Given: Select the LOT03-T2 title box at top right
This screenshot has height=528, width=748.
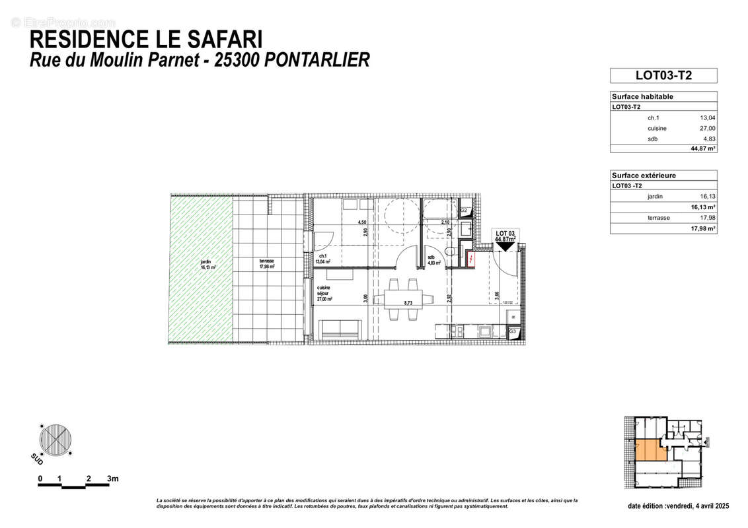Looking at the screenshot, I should (663, 75).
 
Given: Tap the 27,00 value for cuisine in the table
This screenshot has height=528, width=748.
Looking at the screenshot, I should (707, 129).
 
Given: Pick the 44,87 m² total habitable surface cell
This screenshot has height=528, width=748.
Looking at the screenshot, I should (703, 148).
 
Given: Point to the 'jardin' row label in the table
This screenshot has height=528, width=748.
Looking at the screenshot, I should (656, 197).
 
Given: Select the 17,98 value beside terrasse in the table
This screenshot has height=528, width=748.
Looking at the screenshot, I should (707, 218).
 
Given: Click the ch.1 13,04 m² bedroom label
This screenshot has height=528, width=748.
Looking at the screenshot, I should (324, 259).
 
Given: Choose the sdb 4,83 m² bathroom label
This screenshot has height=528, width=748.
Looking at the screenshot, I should (434, 260).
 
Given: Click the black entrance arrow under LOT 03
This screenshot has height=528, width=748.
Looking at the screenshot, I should (505, 246).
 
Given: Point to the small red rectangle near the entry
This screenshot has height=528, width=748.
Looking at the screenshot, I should (470, 260).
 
